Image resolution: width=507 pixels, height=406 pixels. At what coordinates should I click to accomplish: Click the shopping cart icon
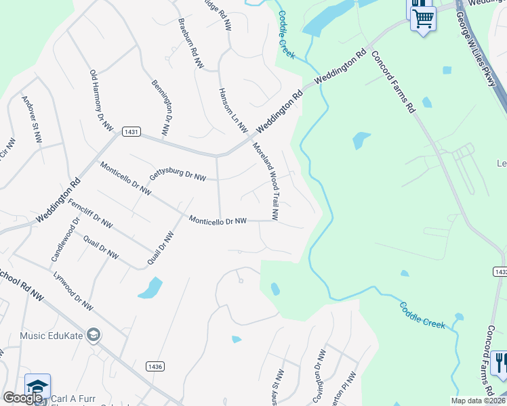(423, 18)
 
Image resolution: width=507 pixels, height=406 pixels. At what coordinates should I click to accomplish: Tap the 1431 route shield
(131, 131)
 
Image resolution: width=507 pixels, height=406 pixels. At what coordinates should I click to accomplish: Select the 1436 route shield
(155, 366)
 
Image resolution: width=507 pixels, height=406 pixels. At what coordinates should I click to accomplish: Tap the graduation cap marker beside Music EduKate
(94, 335)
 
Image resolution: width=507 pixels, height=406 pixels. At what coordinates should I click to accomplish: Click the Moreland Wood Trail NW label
(266, 181)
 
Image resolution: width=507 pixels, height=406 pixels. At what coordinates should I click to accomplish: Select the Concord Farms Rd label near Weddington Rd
(392, 83)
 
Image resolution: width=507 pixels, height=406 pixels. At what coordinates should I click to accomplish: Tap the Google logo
(23, 399)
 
